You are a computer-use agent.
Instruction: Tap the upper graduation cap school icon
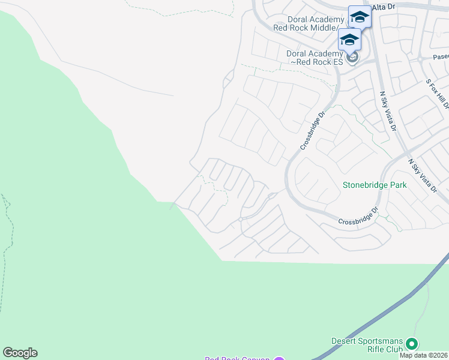(x=360, y=17)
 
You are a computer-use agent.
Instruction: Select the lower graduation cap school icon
(x=349, y=40)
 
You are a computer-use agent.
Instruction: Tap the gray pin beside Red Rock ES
(x=352, y=57)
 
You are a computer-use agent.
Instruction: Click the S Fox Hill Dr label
(x=437, y=94)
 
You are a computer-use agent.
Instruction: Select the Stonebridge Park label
(x=375, y=185)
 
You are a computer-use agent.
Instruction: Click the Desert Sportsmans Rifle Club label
(x=366, y=345)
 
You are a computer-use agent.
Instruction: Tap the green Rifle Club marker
(x=411, y=344)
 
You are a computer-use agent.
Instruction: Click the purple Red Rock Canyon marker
(x=279, y=359)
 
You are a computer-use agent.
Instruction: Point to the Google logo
(x=20, y=353)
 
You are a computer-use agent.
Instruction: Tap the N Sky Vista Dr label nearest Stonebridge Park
(x=423, y=175)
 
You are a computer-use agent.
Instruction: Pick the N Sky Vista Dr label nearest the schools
(x=388, y=112)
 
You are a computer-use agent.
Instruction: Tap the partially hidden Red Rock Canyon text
(x=237, y=358)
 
